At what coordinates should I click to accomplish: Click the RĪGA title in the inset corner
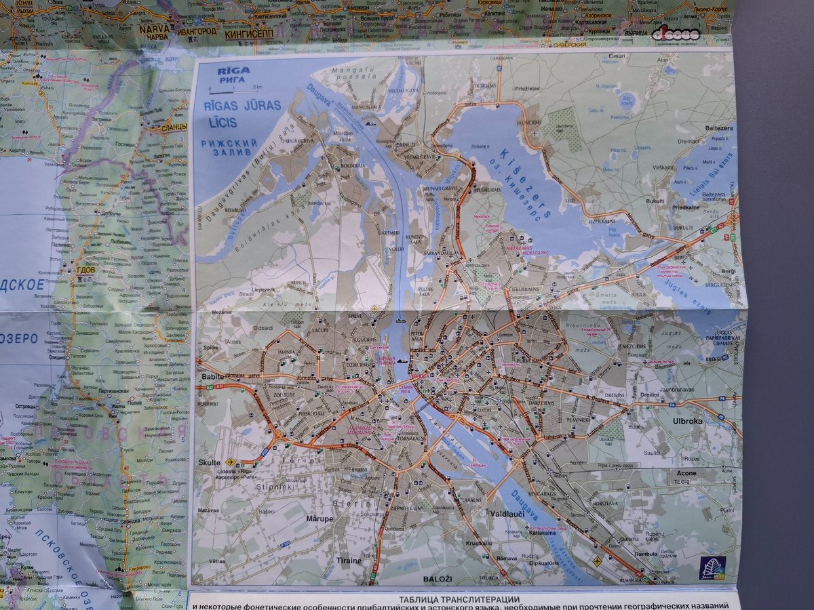tap(232, 70)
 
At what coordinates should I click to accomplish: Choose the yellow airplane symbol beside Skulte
tap(230, 462)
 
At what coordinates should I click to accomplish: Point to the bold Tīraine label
tap(349, 561)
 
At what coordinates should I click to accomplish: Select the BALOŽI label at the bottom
tap(438, 579)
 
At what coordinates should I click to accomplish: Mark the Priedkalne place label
tap(686, 209)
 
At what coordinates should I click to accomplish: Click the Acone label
tap(686, 473)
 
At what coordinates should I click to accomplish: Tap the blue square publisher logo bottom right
tap(712, 567)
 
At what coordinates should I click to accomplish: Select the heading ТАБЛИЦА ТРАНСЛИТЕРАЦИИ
tap(459, 598)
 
